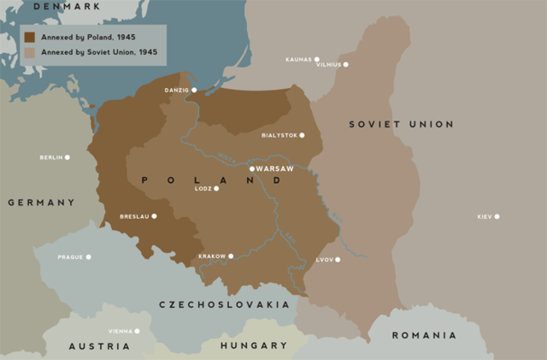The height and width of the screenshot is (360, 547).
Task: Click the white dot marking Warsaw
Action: [x=252, y=168]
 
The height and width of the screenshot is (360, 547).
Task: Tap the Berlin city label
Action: [x=50, y=157]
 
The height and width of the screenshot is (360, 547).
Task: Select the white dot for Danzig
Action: [x=194, y=90]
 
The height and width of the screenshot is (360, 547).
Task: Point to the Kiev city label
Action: [x=484, y=216]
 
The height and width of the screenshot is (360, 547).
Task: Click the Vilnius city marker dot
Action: [x=345, y=64]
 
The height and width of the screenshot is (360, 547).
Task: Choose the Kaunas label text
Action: [x=298, y=60]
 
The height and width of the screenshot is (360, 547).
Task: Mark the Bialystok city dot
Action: [x=302, y=135]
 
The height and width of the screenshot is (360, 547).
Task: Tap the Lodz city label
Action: [x=203, y=188]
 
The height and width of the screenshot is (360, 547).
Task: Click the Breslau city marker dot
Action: [x=154, y=216]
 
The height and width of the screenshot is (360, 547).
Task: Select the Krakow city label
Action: [x=212, y=256]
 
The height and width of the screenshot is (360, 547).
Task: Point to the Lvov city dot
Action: [x=338, y=259]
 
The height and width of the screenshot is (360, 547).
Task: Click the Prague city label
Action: [x=69, y=257]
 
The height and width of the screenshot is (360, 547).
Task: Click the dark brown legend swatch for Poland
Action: [x=30, y=38]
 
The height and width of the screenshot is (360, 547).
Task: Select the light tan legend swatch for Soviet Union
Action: [x=30, y=52]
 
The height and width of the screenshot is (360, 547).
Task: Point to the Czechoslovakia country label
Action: [x=224, y=304]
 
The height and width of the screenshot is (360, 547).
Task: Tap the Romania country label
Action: [x=424, y=335]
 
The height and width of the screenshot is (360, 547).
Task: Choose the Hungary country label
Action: [x=253, y=345]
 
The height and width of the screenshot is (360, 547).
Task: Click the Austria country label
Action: [x=99, y=346]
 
